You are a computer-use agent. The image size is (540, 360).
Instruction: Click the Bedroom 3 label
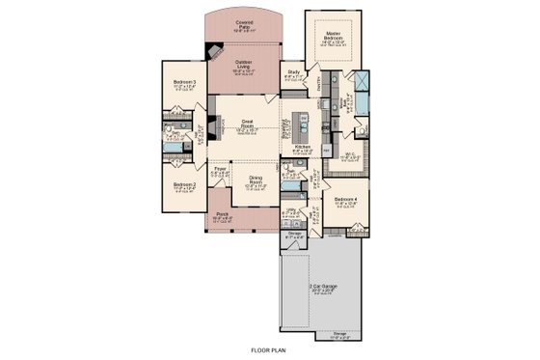[x=185, y=84]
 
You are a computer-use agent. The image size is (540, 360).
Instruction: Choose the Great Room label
[x=246, y=124]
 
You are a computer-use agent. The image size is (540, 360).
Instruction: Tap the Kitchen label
[x=303, y=148]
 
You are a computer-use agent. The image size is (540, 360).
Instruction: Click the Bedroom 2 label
[x=185, y=184]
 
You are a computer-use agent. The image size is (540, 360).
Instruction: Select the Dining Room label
[x=256, y=178]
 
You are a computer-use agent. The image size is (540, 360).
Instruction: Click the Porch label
[x=222, y=214]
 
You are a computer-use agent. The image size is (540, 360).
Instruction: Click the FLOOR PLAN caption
[x=269, y=351]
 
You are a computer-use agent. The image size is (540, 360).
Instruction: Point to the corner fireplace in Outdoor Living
[x=220, y=50]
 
